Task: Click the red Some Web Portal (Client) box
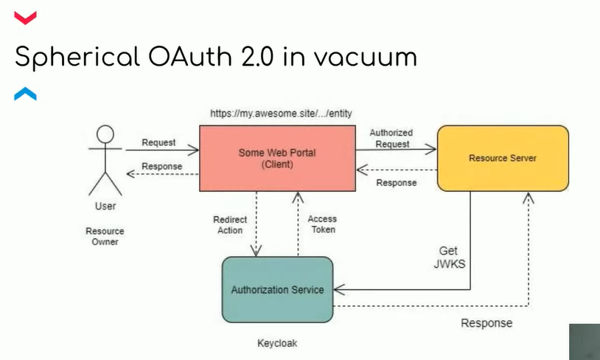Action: (x=277, y=158)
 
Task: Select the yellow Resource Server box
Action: (x=503, y=158)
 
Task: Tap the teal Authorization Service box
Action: (x=277, y=289)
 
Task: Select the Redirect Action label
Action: (x=230, y=225)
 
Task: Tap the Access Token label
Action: (x=321, y=224)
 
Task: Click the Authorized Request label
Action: (x=391, y=138)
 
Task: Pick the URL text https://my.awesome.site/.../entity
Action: (x=269, y=114)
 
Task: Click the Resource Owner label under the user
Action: (x=105, y=236)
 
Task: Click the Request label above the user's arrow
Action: (x=158, y=142)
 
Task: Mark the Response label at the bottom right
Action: (x=486, y=323)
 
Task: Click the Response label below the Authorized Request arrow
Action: (x=397, y=182)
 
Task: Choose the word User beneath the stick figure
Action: (x=105, y=206)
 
